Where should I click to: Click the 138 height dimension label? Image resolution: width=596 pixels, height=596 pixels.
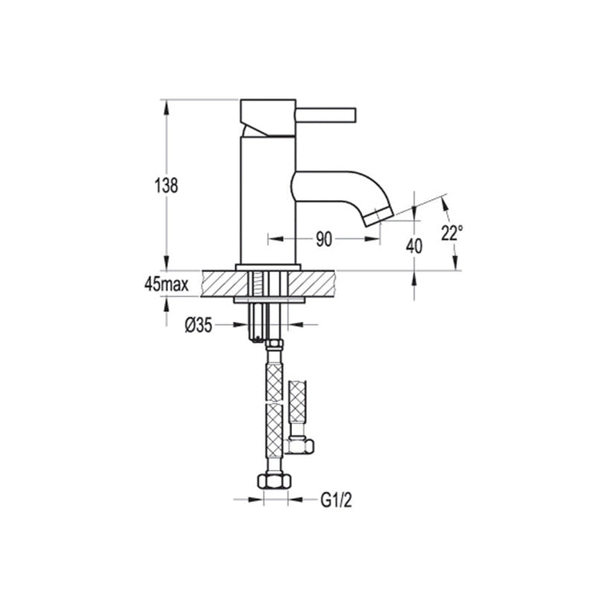[x=168, y=186]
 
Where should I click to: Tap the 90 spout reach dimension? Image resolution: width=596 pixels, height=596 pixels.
[x=324, y=239]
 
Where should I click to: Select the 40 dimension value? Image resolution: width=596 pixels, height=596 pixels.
[x=415, y=246]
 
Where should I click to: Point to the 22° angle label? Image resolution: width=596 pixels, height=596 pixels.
[x=452, y=232]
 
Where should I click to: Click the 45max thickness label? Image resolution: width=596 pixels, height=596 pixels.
[x=166, y=284]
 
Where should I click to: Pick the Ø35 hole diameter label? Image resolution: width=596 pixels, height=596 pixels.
[x=198, y=324]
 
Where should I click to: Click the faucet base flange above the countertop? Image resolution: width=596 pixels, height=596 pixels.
[x=267, y=267]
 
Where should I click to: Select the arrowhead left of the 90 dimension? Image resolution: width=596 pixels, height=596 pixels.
[x=272, y=239]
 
